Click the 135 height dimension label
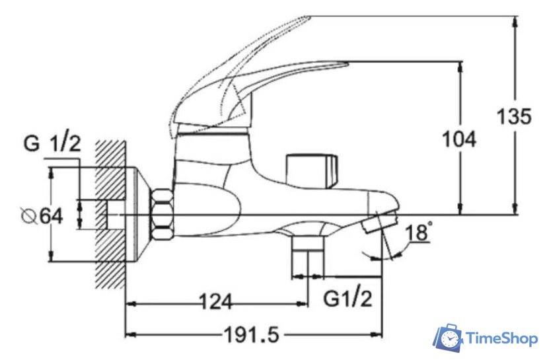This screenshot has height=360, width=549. [514, 116]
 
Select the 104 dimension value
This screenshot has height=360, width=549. [459, 139]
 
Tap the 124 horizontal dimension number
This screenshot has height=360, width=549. [215, 301]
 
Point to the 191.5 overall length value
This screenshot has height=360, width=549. [252, 334]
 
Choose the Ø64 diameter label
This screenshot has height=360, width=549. [42, 216]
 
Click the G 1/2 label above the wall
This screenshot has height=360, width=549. [52, 143]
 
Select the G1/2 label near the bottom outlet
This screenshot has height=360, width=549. [348, 299]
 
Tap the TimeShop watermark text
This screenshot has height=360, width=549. [503, 339]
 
